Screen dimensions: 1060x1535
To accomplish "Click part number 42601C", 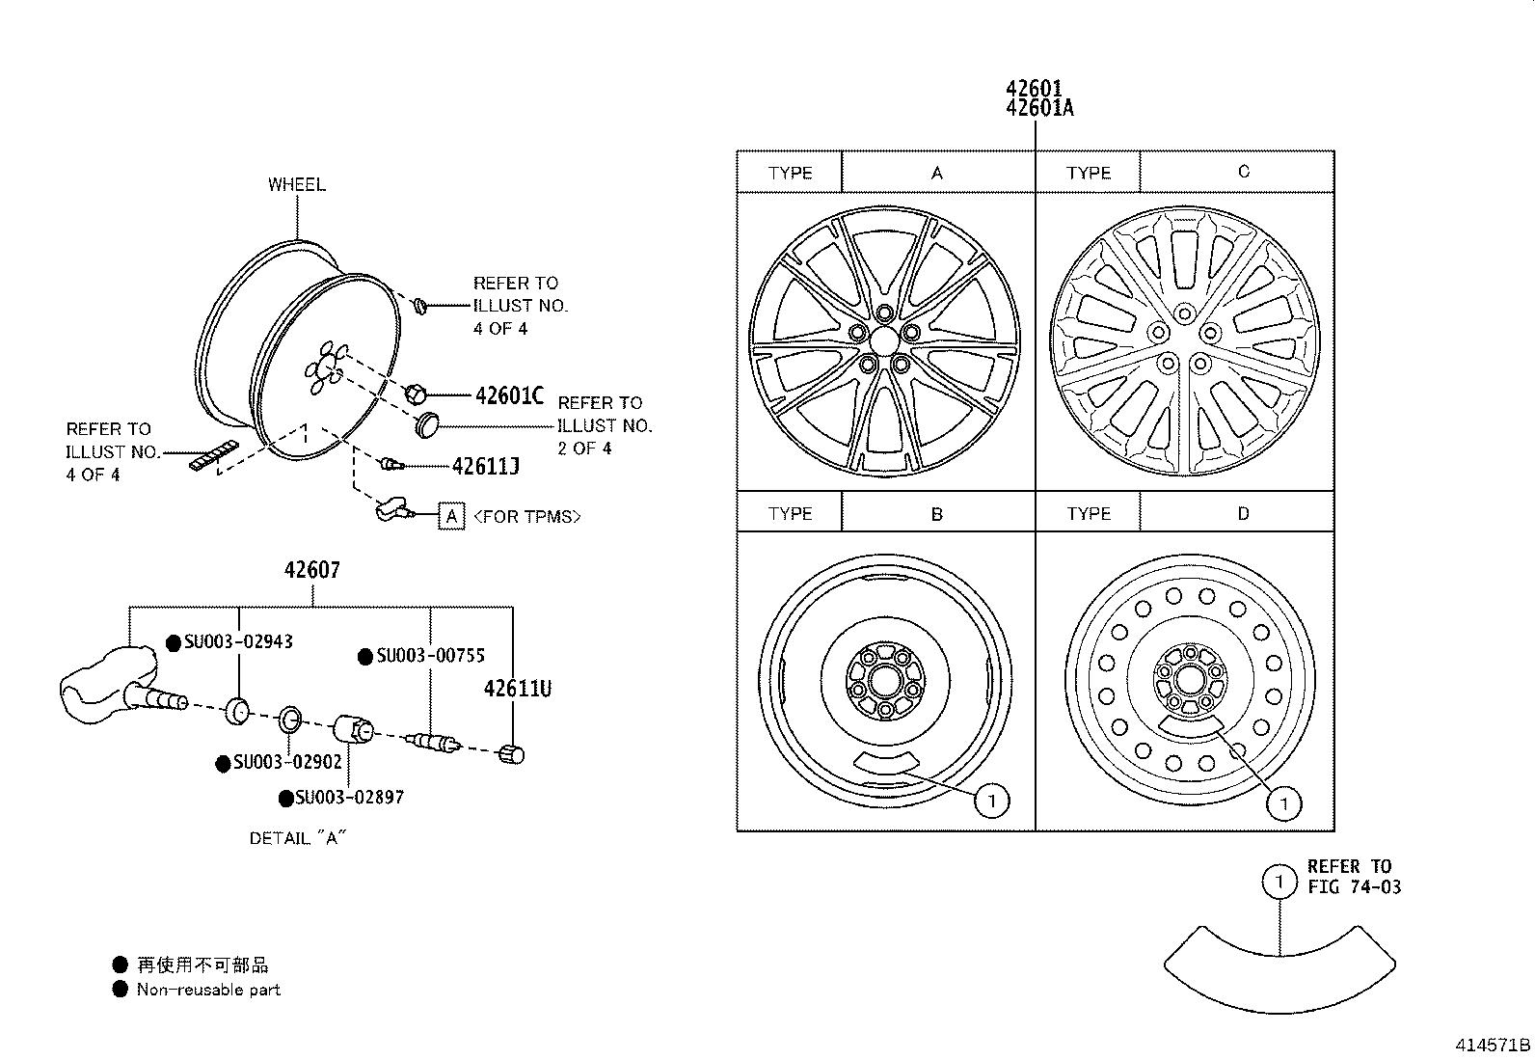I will click(x=508, y=395).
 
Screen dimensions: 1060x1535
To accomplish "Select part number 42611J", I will click(x=485, y=467).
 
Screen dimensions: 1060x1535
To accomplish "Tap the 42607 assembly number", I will click(x=311, y=570).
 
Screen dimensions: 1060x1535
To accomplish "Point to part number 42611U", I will click(x=517, y=689).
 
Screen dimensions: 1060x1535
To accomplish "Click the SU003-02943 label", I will click(x=238, y=642).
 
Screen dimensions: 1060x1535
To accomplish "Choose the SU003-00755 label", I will click(x=430, y=657).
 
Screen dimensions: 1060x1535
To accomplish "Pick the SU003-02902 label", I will click(x=286, y=763).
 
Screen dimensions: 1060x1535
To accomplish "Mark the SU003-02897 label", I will click(x=349, y=798).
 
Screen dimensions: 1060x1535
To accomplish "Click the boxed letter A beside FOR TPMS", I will click(x=451, y=517).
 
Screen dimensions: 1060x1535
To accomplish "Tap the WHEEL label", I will click(x=296, y=184).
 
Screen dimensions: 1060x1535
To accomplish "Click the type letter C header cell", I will click(x=1242, y=172).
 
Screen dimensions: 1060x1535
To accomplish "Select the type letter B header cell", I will click(x=936, y=514).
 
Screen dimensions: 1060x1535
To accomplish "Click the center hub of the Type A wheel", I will click(x=884, y=341).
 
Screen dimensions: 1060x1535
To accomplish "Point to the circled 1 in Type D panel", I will click(x=1283, y=803).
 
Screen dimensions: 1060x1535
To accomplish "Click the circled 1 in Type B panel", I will click(x=991, y=800).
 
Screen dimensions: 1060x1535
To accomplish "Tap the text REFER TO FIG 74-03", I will click(x=1353, y=877).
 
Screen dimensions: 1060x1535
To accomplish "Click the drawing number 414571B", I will click(x=1493, y=1045).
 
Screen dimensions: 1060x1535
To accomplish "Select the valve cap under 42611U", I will click(x=512, y=754).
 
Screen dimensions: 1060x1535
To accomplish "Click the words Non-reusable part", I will click(x=208, y=990).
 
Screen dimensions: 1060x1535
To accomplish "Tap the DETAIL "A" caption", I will click(x=297, y=838).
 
